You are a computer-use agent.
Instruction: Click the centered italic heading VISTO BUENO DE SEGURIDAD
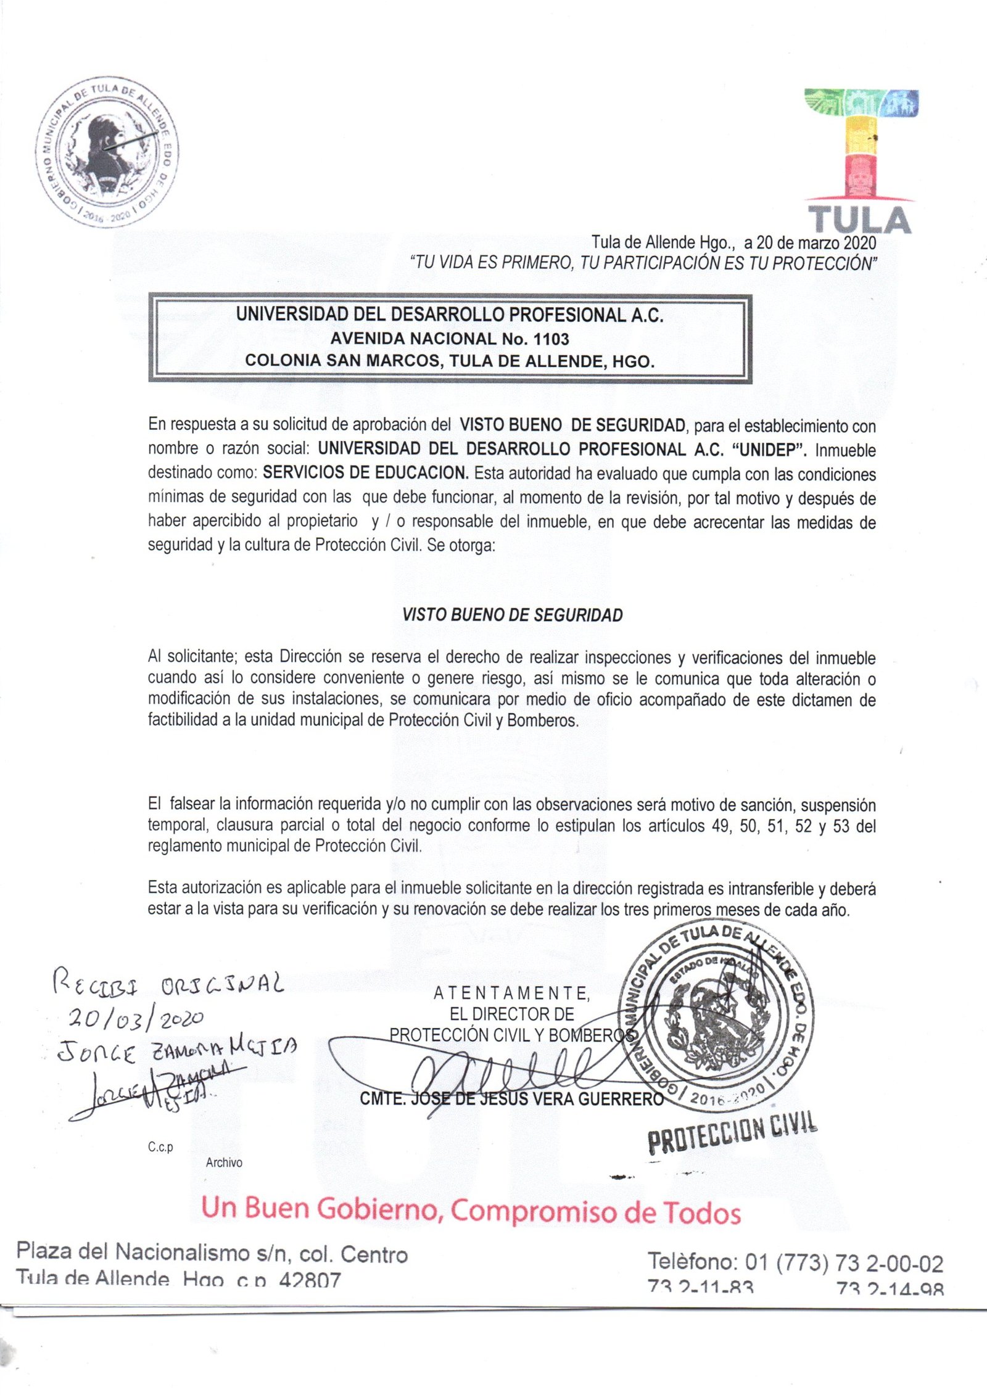(512, 615)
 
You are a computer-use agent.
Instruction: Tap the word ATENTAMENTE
(511, 994)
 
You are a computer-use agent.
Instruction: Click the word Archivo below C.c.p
(224, 1163)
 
